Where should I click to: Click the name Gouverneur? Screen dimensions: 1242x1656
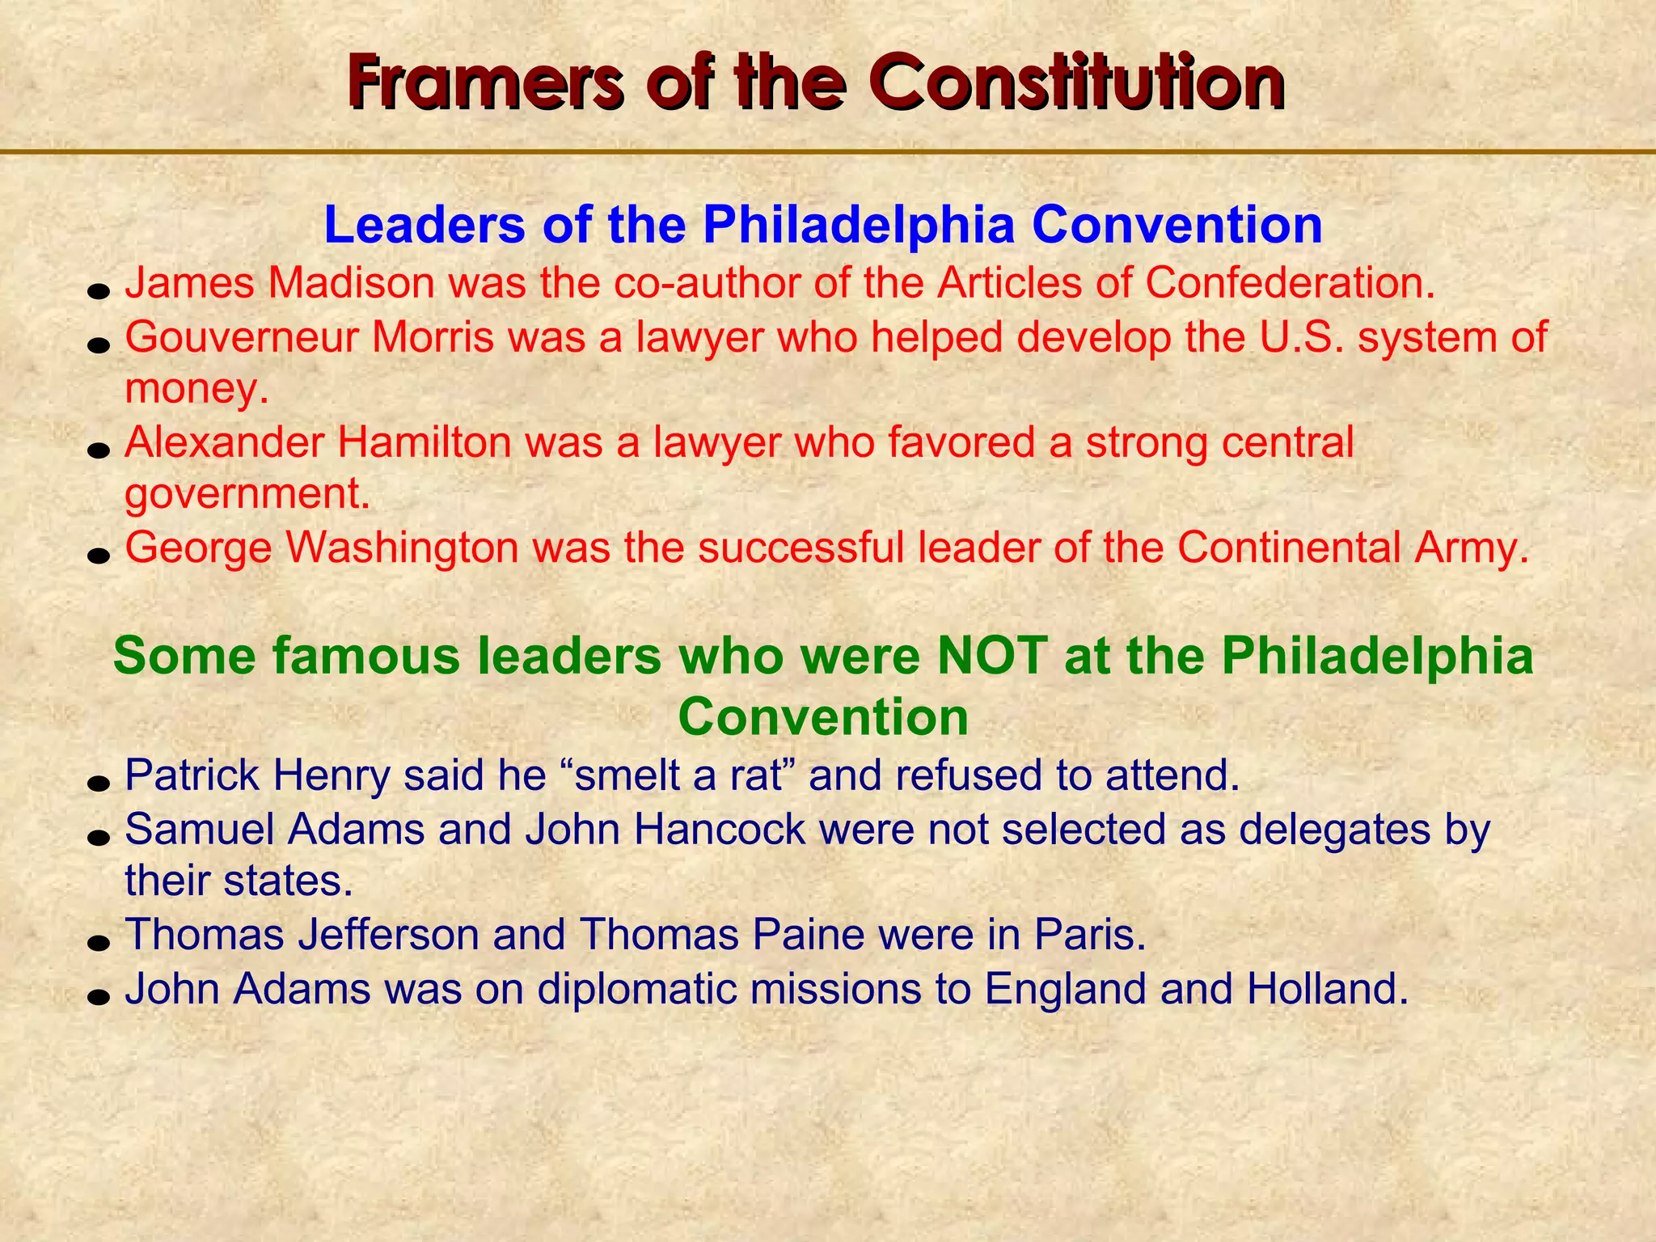coord(241,336)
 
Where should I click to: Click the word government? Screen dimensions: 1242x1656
coord(247,495)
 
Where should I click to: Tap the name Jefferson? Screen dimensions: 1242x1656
coord(389,935)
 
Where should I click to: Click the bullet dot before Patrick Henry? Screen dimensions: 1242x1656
coord(99,783)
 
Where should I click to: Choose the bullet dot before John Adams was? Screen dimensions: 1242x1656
coord(99,995)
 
